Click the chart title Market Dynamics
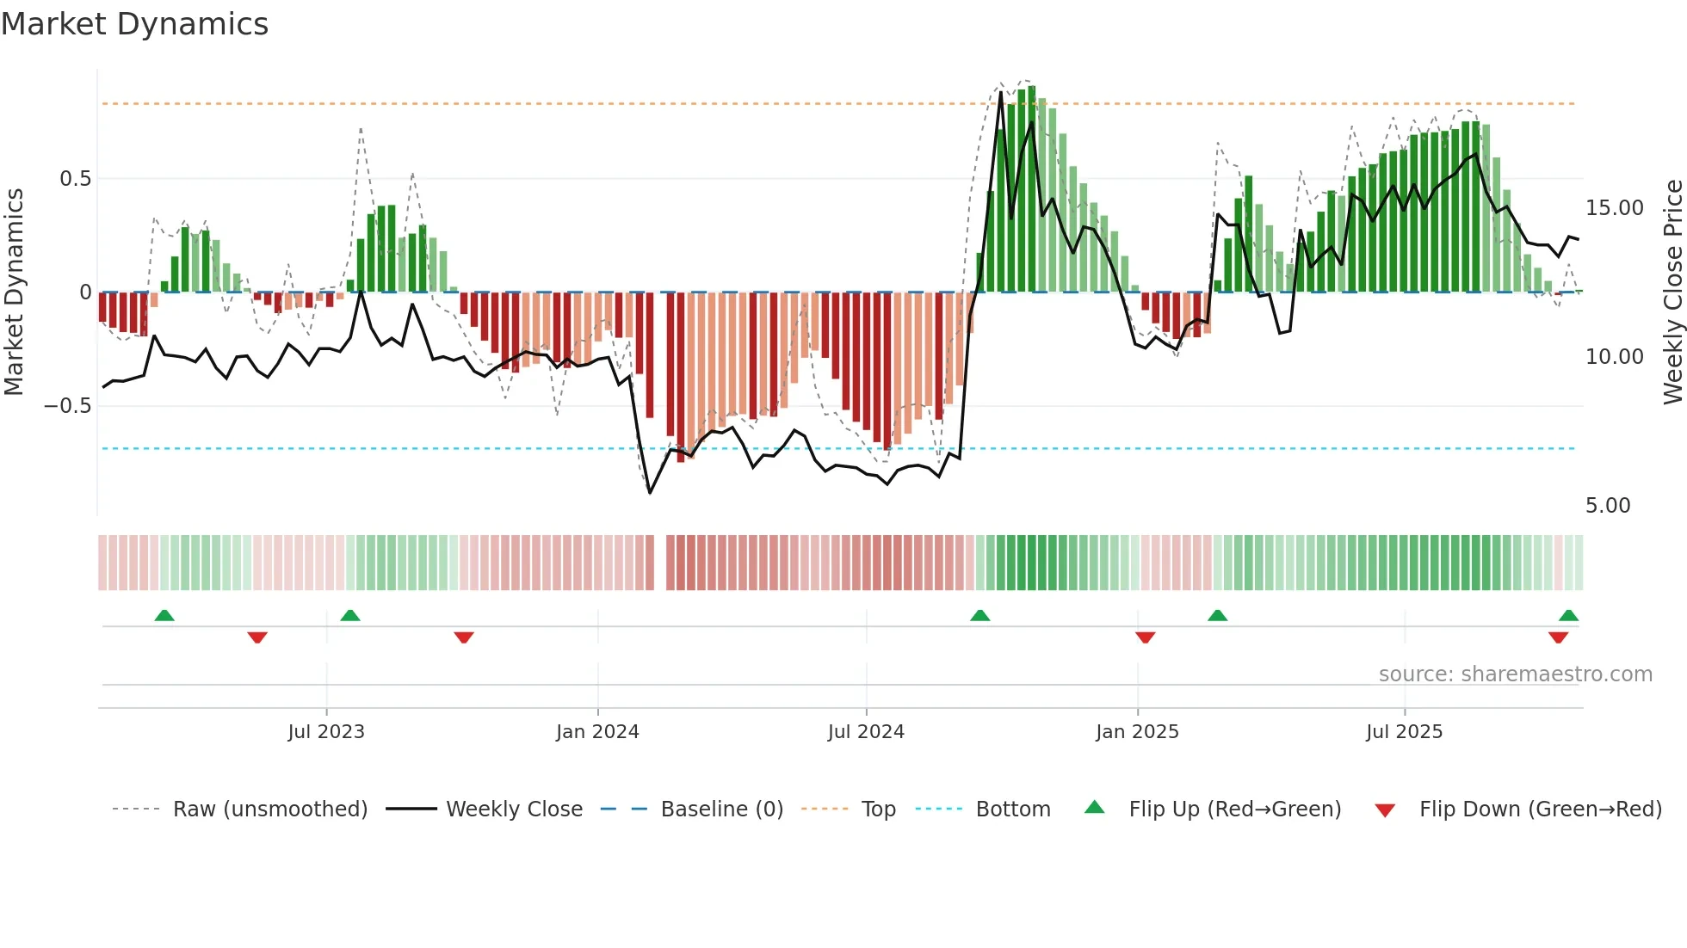(134, 24)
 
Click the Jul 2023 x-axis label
(326, 732)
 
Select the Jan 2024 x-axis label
(597, 732)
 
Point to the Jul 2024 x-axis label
(866, 732)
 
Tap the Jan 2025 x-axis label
(1137, 732)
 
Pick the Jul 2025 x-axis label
(1404, 732)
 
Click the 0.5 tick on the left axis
(75, 179)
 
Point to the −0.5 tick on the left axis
(68, 406)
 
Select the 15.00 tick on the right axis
(1614, 208)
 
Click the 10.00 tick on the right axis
(1614, 357)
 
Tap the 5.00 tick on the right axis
(1608, 506)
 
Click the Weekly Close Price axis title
(1672, 292)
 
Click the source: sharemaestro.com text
(1515, 674)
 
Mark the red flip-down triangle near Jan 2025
(1145, 637)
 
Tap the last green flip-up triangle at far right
(1568, 615)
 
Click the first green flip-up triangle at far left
(164, 615)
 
